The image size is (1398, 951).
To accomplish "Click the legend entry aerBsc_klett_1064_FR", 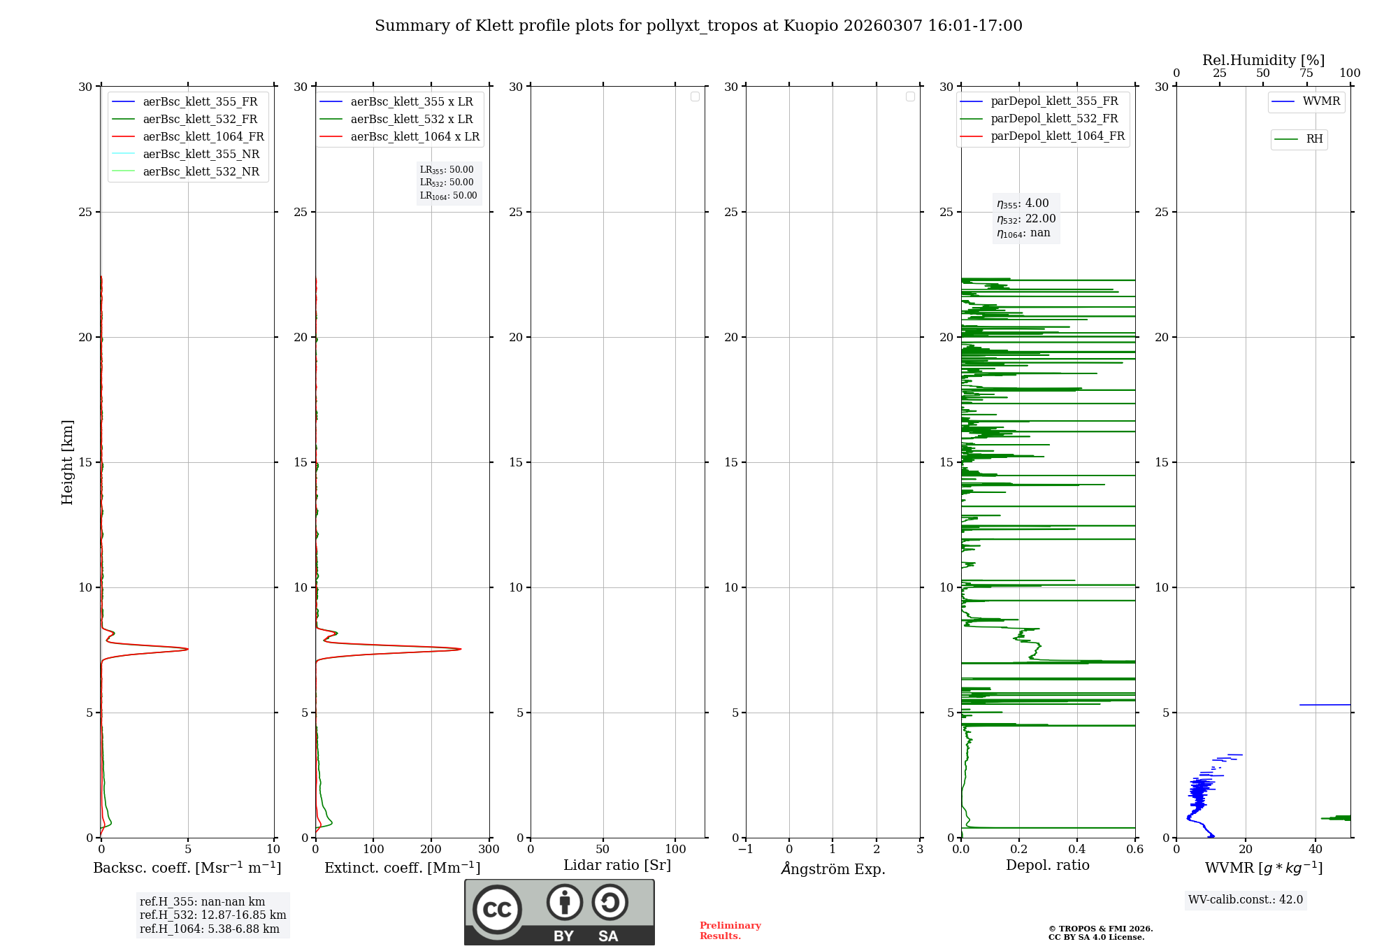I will (203, 137).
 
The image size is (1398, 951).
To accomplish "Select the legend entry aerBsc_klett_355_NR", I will (201, 155).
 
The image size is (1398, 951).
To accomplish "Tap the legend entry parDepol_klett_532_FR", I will (1054, 119).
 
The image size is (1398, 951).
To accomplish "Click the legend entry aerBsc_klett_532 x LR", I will (411, 120).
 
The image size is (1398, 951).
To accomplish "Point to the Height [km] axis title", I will (67, 462).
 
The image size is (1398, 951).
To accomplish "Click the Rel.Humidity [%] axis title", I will (1263, 60).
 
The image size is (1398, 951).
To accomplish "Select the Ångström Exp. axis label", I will (833, 868).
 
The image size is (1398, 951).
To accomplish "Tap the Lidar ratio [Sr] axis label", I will (617, 865).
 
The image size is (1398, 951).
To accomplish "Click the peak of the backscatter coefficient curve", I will (187, 649).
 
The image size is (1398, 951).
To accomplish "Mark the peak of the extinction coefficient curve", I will (460, 649).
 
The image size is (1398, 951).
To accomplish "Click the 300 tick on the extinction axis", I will (489, 850).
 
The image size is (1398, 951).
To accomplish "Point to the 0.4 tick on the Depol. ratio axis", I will (1077, 850).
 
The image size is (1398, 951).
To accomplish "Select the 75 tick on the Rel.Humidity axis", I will (1306, 73).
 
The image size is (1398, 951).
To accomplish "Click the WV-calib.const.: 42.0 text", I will (1245, 900).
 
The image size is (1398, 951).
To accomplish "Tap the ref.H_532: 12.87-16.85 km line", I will (212, 915).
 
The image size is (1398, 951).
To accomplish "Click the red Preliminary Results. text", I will (730, 931).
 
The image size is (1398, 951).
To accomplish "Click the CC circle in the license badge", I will (497, 910).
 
